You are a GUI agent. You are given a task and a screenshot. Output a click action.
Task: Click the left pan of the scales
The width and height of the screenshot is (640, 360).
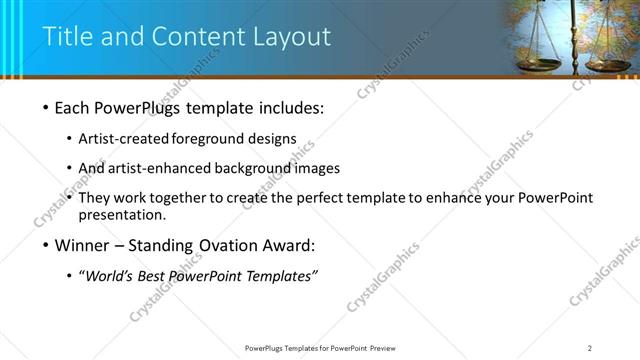(x=539, y=64)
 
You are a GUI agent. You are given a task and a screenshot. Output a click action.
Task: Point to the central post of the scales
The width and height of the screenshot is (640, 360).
(x=574, y=40)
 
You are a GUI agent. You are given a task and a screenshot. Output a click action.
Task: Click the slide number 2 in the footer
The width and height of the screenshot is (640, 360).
(x=590, y=347)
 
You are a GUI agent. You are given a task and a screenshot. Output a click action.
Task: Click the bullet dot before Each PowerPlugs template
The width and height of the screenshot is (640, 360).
(x=47, y=107)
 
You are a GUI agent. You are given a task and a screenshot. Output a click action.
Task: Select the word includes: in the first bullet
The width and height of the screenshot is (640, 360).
(x=288, y=107)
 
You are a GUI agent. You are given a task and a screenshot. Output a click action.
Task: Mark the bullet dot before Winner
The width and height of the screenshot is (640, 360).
(x=47, y=245)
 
